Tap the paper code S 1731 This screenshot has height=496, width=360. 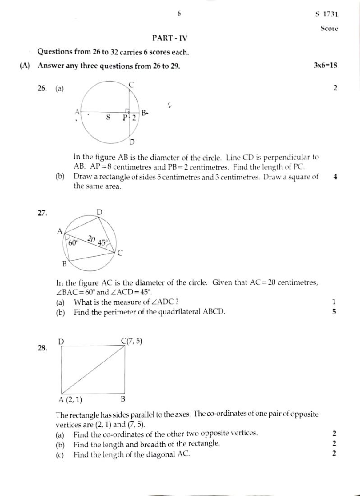coord(326,14)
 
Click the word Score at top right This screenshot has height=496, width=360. coord(329,28)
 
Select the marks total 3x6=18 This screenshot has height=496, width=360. coord(325,65)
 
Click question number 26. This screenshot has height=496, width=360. coord(42,89)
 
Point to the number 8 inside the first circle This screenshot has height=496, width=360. coord(108,118)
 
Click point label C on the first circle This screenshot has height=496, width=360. coord(131,84)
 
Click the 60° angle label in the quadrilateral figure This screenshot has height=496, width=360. coord(74,243)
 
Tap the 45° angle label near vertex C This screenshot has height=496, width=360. coord(103,243)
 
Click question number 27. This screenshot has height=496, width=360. coord(42,213)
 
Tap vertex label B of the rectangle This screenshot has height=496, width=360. coord(123,399)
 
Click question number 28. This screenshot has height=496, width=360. coord(42,348)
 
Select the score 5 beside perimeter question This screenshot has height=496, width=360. coord(334,311)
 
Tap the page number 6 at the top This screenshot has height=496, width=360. coord(179,14)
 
